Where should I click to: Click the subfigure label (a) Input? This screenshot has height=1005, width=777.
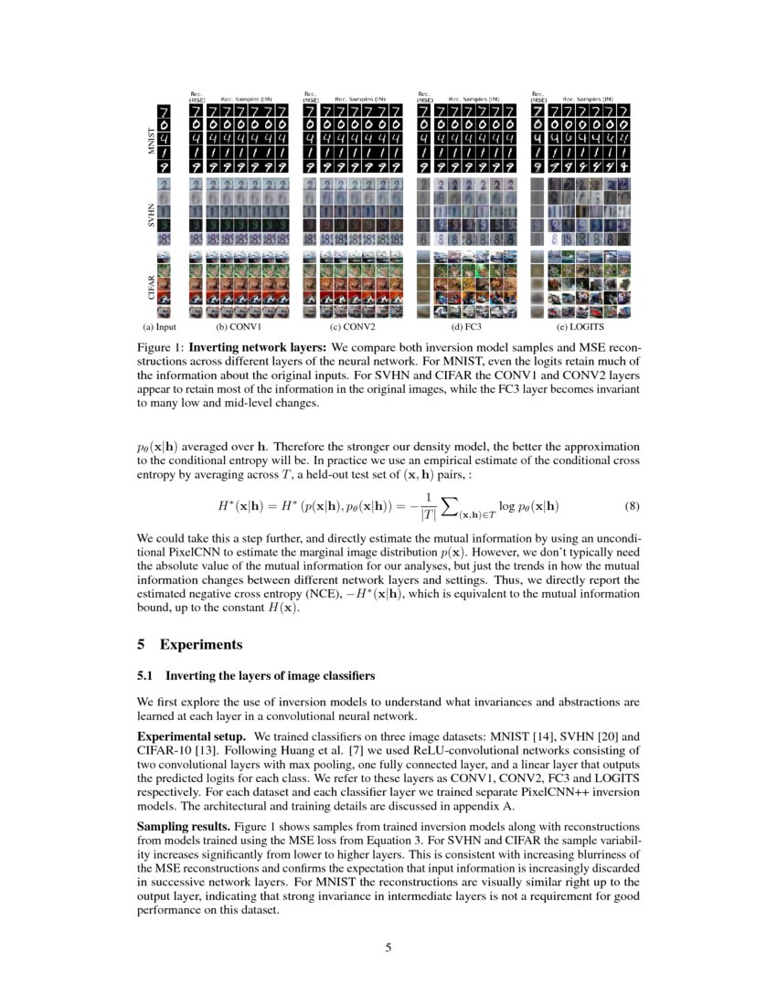coord(154,326)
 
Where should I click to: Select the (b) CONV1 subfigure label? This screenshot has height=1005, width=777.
coord(239,326)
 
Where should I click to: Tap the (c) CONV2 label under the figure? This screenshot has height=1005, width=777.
coord(353,326)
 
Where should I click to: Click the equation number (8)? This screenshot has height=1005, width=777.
coord(633,505)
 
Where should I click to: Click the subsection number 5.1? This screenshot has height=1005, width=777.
coord(144,676)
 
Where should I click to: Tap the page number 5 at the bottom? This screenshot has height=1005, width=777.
coord(388,947)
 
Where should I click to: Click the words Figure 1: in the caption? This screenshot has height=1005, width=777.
coord(162,348)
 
